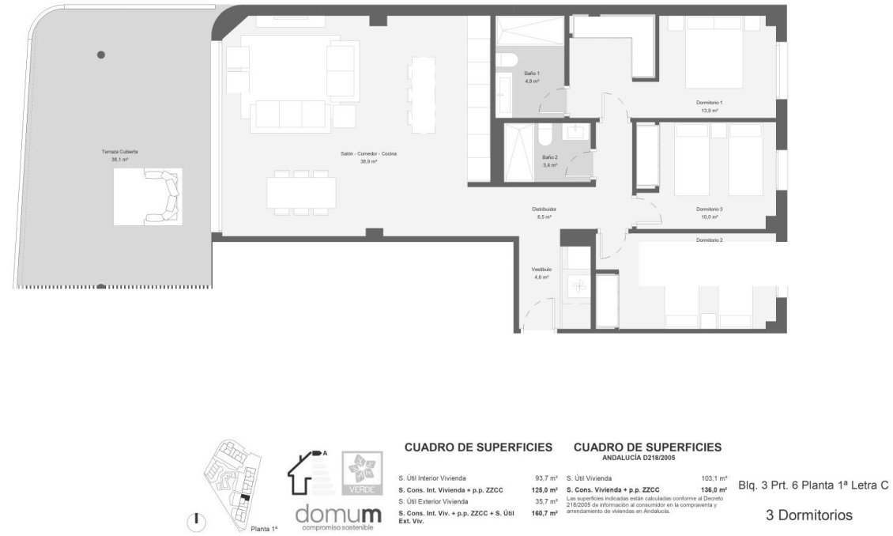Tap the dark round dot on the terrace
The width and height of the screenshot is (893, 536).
100,55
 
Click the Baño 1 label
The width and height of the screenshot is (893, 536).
532,74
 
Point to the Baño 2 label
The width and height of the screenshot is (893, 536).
550,157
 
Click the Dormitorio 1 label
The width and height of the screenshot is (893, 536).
710,103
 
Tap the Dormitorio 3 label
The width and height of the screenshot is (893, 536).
710,209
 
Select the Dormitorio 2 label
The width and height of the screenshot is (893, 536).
710,240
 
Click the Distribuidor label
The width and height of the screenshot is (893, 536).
544,209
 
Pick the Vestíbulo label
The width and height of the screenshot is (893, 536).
541,270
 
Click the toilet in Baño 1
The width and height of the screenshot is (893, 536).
508,59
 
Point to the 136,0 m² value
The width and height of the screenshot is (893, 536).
714,490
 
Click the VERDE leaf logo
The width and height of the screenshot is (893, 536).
362,473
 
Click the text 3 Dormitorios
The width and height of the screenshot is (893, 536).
809,515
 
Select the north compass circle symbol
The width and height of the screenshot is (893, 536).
196,521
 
